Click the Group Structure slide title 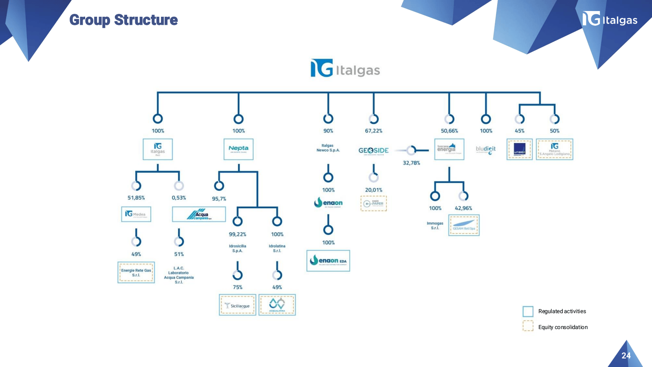pyautogui.click(x=123, y=20)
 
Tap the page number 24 pyautogui.click(x=626, y=356)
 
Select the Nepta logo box pyautogui.click(x=238, y=149)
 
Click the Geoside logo pyautogui.click(x=373, y=150)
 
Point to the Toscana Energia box pyautogui.click(x=449, y=149)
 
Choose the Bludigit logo pyautogui.click(x=486, y=150)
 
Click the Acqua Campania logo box pyautogui.click(x=199, y=214)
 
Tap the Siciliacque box pyautogui.click(x=238, y=305)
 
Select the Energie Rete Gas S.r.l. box pyautogui.click(x=136, y=272)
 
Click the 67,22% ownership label pyautogui.click(x=373, y=131)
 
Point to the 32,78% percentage pyautogui.click(x=411, y=163)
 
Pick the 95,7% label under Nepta pyautogui.click(x=219, y=199)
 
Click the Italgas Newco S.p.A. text pyautogui.click(x=328, y=148)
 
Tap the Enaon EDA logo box pyautogui.click(x=328, y=261)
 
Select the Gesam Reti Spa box pyautogui.click(x=464, y=225)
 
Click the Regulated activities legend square pyautogui.click(x=528, y=312)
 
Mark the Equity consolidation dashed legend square pyautogui.click(x=528, y=326)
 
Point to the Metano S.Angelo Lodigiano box pyautogui.click(x=554, y=149)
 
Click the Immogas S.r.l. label pyautogui.click(x=435, y=226)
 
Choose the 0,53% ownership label pyautogui.click(x=178, y=198)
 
